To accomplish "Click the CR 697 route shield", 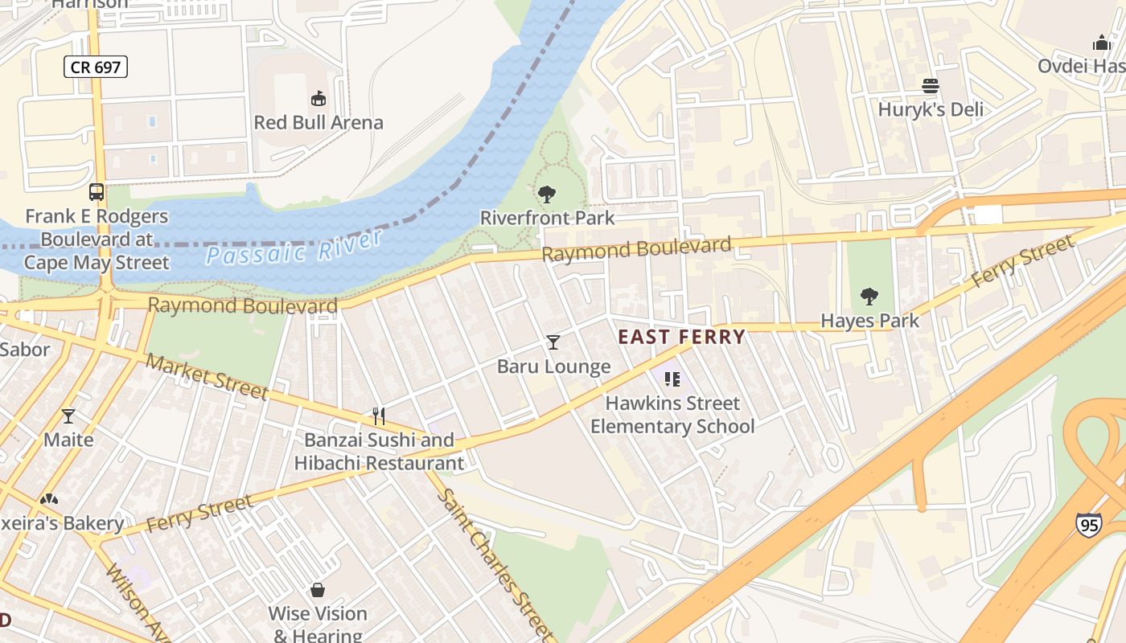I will click(96, 68).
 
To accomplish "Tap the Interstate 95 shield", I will click(1088, 525).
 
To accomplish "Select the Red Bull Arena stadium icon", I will click(318, 99).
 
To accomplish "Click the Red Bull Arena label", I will click(318, 123).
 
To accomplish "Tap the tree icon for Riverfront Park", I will click(547, 194).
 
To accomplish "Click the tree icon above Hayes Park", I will click(869, 297).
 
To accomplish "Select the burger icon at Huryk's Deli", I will click(931, 86).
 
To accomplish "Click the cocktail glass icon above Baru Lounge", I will click(553, 342).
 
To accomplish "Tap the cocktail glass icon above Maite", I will click(68, 416).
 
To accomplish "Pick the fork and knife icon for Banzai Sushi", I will click(379, 416).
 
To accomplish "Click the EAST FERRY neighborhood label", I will click(681, 337).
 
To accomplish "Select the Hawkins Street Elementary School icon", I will click(672, 379).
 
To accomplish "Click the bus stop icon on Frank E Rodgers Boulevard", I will click(97, 192).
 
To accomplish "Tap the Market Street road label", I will click(207, 375).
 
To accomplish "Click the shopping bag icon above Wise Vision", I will click(318, 591).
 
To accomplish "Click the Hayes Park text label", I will click(869, 321).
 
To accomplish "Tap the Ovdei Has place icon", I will click(1101, 43).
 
